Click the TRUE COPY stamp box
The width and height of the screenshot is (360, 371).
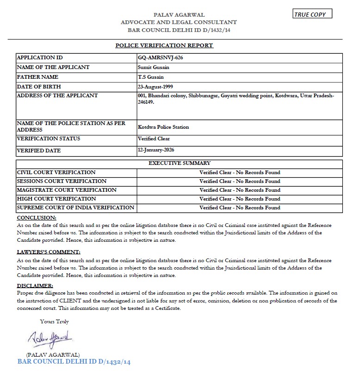coord(312,14)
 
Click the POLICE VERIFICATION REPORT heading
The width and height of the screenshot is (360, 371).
coord(164,45)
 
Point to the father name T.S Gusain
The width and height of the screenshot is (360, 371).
coord(151,77)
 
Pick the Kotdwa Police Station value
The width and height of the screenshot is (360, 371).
coord(163,127)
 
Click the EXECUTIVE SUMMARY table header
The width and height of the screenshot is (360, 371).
coord(180,163)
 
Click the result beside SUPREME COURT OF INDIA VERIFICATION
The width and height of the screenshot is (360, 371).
coord(240,208)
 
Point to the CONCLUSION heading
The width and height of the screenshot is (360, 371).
coord(37,217)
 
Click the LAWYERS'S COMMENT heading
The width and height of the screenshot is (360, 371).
coord(49,252)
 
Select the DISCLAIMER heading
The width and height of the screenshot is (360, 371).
coord(35,286)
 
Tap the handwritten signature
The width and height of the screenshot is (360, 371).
coord(48,339)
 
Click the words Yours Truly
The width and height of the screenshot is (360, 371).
coord(54,321)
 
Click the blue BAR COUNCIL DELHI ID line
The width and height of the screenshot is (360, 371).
coord(74,362)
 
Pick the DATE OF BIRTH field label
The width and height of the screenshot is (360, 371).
coord(39,87)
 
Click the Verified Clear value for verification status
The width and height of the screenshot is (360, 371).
coord(154,138)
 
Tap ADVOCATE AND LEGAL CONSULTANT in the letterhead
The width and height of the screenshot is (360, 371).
coord(179,22)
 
